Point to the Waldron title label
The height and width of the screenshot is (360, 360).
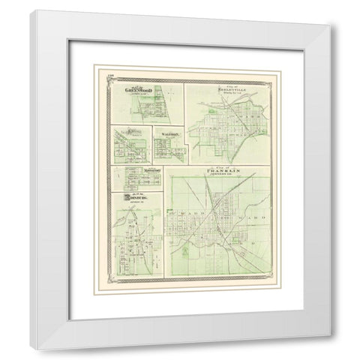(x=165, y=132)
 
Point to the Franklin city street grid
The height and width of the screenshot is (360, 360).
(x=217, y=225)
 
